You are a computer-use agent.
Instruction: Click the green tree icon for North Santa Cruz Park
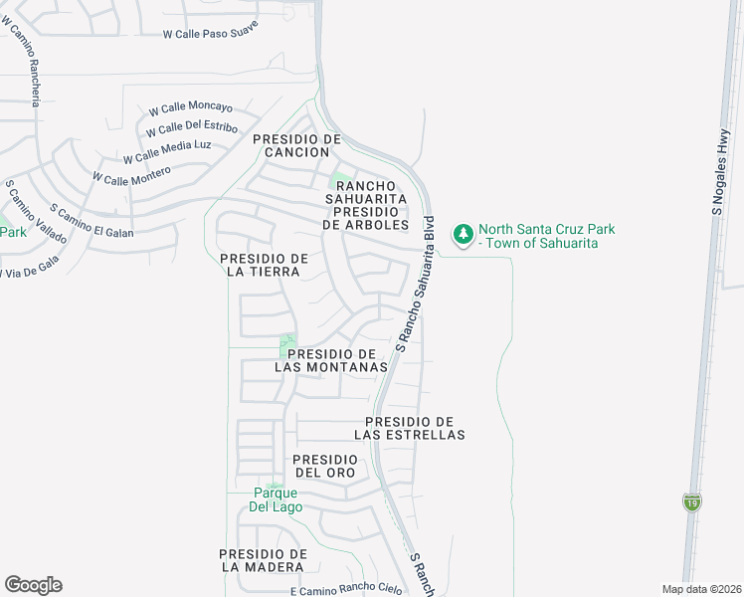(463, 235)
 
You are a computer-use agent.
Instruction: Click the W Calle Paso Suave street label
(210, 30)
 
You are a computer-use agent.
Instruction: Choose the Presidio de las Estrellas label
(410, 429)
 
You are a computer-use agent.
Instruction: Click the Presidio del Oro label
(324, 466)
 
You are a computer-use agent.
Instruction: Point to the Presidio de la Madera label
(263, 560)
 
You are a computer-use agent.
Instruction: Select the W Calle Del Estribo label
(191, 129)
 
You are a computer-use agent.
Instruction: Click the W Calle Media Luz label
(167, 151)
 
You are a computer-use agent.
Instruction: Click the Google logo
(33, 585)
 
